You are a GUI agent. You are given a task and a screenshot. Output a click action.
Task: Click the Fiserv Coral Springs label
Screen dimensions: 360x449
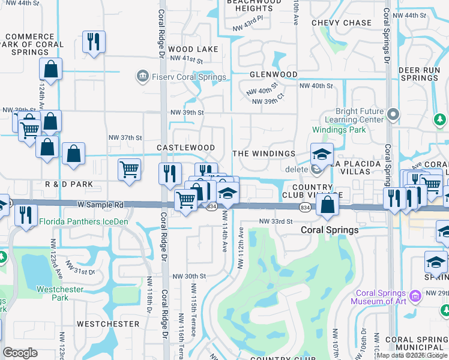tap(188, 77)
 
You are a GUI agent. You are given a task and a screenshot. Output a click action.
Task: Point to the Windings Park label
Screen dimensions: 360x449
tap(339, 130)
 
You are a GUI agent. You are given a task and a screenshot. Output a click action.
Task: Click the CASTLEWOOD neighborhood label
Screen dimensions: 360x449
tap(185, 148)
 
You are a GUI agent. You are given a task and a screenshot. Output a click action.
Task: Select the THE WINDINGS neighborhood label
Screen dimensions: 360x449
tap(264, 154)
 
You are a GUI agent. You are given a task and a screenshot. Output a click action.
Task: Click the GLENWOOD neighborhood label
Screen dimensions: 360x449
tap(274, 74)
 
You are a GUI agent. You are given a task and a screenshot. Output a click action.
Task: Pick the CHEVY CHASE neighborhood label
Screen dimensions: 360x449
tap(341, 23)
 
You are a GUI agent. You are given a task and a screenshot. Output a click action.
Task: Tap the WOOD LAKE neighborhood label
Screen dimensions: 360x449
tap(189, 49)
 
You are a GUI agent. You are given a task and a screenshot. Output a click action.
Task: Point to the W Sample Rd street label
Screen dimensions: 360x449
tap(100, 205)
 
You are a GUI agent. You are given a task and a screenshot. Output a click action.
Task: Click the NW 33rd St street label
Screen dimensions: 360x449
tap(276, 221)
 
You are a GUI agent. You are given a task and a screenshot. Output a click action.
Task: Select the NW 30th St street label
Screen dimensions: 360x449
tap(189, 276)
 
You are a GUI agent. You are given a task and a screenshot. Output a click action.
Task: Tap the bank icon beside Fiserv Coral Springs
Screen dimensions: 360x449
tap(143, 76)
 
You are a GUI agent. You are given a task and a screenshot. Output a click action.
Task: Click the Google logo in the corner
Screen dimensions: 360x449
tap(20, 353)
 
